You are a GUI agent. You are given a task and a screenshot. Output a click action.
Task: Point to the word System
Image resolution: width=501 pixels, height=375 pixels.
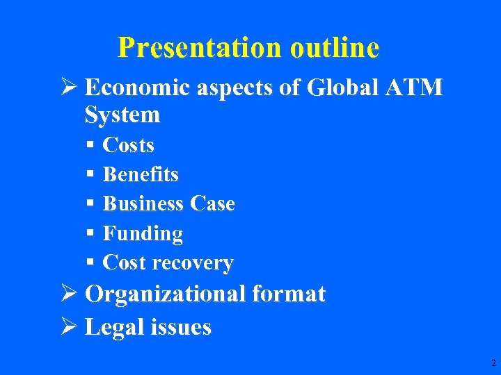click(x=122, y=115)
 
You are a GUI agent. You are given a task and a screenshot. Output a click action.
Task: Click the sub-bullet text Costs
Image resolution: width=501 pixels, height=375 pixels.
click(x=128, y=145)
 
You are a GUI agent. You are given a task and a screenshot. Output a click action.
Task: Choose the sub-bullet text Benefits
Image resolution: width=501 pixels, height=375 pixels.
click(x=141, y=174)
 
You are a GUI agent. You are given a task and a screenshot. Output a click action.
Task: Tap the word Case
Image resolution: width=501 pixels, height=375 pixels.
click(x=212, y=203)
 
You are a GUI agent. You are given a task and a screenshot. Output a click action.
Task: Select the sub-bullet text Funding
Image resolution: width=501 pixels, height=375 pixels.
click(x=143, y=234)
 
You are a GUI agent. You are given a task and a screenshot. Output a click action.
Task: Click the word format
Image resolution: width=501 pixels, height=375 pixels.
click(x=289, y=294)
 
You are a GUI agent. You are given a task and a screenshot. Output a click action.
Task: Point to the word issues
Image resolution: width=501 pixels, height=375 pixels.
click(x=181, y=327)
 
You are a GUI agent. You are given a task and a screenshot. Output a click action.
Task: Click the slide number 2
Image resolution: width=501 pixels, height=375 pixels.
click(x=493, y=363)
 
